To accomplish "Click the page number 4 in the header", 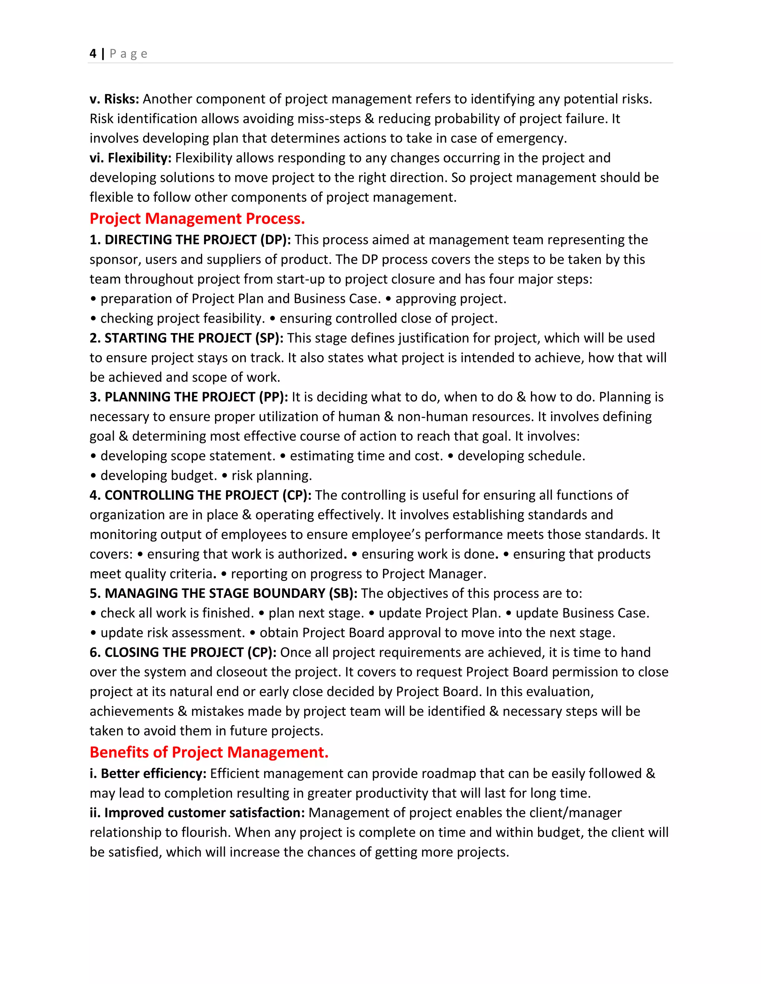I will (x=93, y=53).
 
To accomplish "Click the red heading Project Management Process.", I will (x=197, y=218).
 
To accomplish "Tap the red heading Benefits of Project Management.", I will (x=209, y=752).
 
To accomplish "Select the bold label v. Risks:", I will (x=114, y=99).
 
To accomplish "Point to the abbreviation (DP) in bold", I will (x=275, y=240).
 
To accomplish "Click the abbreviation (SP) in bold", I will (x=269, y=338).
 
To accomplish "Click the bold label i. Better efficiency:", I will (x=148, y=773).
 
